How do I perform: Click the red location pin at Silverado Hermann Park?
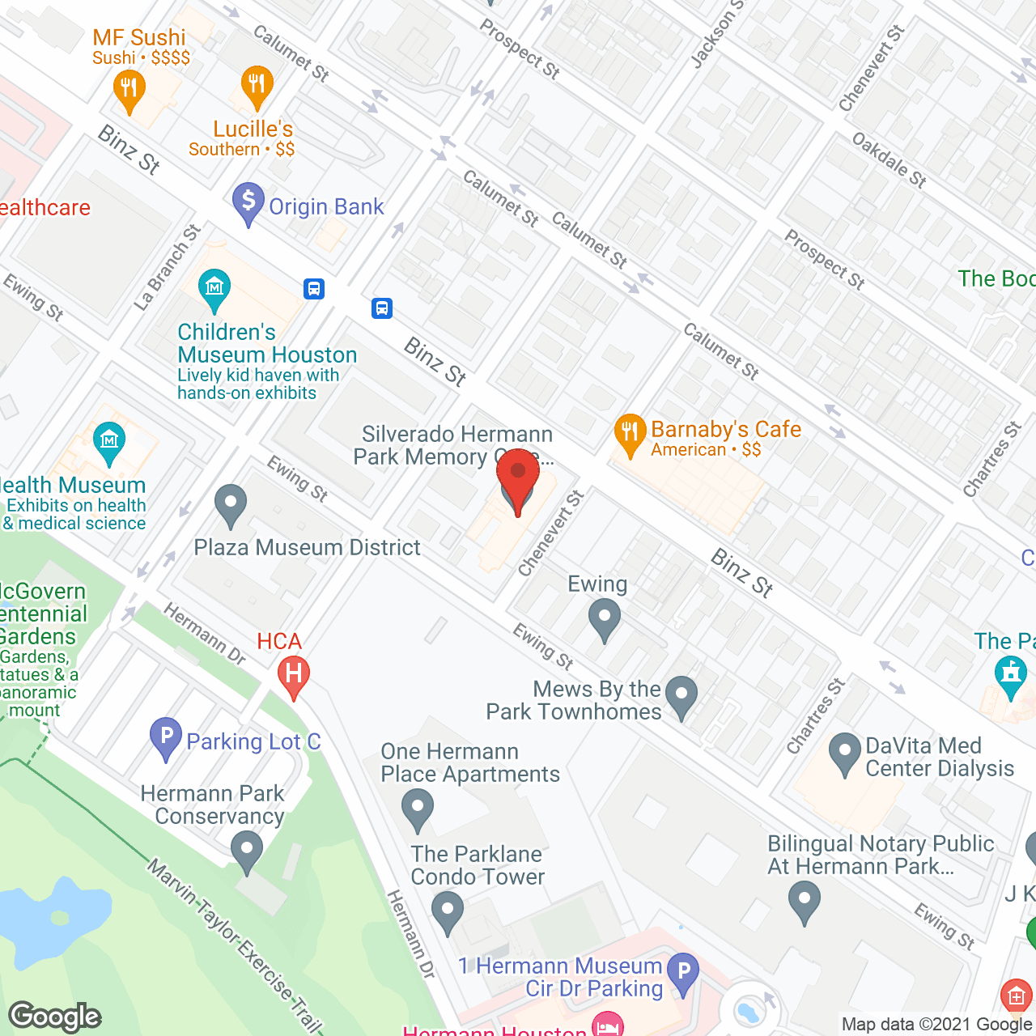coord(517,478)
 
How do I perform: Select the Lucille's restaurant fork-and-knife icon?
coord(257,86)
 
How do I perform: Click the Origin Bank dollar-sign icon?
coord(248,202)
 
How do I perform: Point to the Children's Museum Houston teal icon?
coord(214,289)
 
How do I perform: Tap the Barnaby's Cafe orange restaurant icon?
coord(630,434)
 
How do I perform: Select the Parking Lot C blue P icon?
coord(166,737)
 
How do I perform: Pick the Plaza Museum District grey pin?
coord(231,505)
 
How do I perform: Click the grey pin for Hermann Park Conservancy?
coord(247,852)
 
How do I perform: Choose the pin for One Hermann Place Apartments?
coord(418,810)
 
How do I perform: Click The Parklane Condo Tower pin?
coord(447,911)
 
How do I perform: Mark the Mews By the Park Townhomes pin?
coord(681,696)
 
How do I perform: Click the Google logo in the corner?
coord(55,1017)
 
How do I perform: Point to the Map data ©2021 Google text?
coord(936,1024)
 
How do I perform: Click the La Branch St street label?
coord(168,268)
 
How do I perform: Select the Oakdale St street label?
coord(889,159)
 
